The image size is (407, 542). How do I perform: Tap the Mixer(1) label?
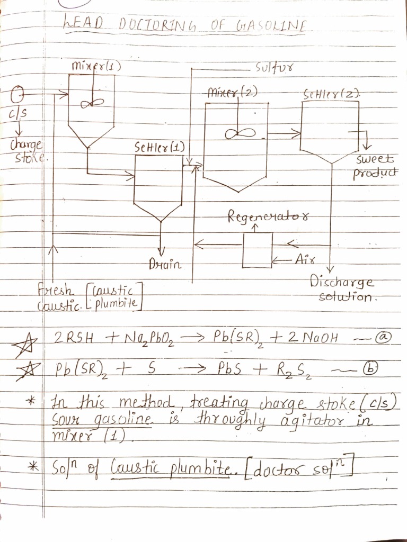[x=96, y=66]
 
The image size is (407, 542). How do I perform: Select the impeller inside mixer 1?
[x=92, y=103]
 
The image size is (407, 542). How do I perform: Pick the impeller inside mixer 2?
[x=240, y=133]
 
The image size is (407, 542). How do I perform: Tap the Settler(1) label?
[x=160, y=148]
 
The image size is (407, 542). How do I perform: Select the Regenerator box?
[x=257, y=250]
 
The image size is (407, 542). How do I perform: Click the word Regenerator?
[x=269, y=216]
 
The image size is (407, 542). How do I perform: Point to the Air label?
[x=305, y=259]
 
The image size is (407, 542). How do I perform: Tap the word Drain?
[x=165, y=265]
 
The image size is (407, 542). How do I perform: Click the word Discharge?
[x=342, y=282]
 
